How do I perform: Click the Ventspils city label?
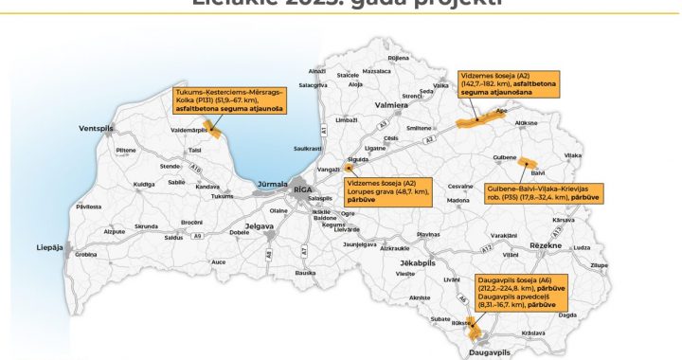98,128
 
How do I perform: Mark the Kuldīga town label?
144,184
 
